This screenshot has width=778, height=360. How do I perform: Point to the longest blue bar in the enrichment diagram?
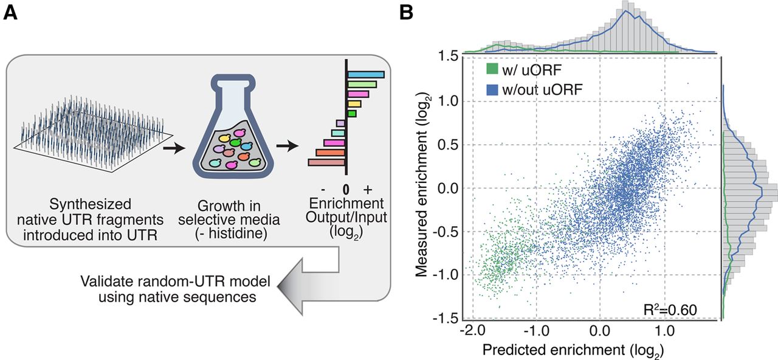pyautogui.click(x=366, y=74)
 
